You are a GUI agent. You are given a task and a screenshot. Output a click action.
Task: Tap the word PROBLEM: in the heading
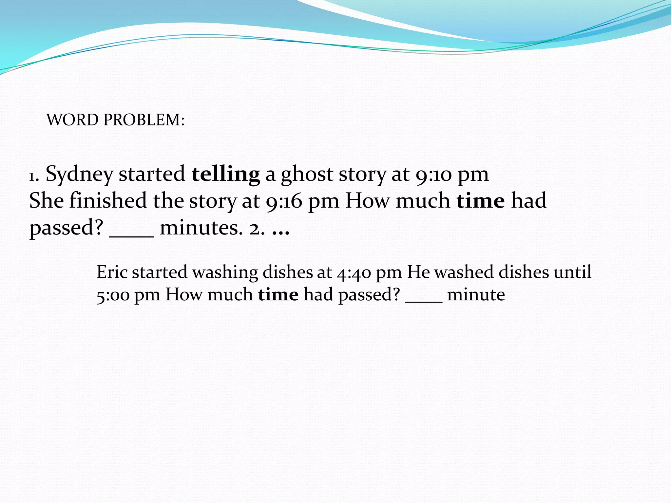(x=144, y=120)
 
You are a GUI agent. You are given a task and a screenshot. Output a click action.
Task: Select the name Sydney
(x=79, y=175)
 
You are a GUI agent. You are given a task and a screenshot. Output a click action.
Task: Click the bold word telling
(x=226, y=174)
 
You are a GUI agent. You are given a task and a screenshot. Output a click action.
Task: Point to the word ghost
(x=307, y=175)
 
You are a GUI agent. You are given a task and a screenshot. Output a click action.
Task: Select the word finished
(x=108, y=200)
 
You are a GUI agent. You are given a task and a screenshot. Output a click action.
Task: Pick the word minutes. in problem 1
(x=201, y=228)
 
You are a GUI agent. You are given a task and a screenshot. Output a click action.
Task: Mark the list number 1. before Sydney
(x=34, y=177)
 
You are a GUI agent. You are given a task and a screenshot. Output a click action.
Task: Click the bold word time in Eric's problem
(x=278, y=295)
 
